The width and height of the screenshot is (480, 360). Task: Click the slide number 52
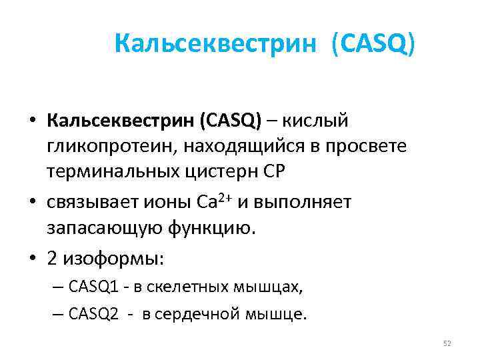[447, 343]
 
